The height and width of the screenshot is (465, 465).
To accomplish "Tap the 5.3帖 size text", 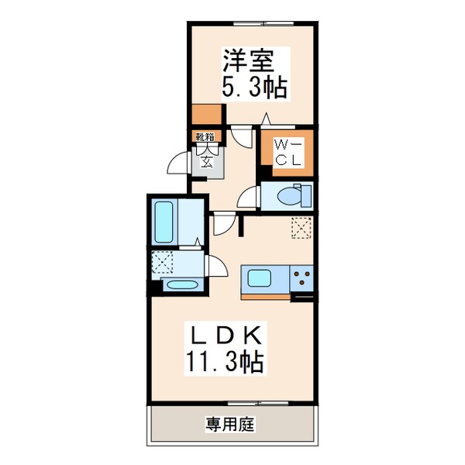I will pyautogui.click(x=255, y=87).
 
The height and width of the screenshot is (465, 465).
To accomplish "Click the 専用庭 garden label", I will pyautogui.click(x=230, y=424).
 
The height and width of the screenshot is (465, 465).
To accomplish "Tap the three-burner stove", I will pyautogui.click(x=301, y=277).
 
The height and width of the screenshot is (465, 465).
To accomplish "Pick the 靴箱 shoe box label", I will pyautogui.click(x=207, y=137).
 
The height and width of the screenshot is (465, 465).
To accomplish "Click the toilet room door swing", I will pyautogui.click(x=249, y=197).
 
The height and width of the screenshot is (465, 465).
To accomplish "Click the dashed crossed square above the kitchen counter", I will pyautogui.click(x=301, y=228).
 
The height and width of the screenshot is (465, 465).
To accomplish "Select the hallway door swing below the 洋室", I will pyautogui.click(x=245, y=139).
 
